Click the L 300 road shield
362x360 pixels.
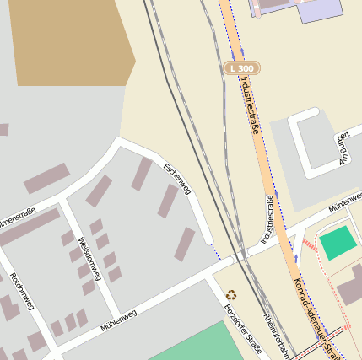[241, 67]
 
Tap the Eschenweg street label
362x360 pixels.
[180, 181]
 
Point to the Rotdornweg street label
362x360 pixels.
[19, 292]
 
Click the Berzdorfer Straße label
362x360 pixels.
[243, 336]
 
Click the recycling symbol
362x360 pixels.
[231, 295]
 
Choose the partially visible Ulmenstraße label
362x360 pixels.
[17, 217]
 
